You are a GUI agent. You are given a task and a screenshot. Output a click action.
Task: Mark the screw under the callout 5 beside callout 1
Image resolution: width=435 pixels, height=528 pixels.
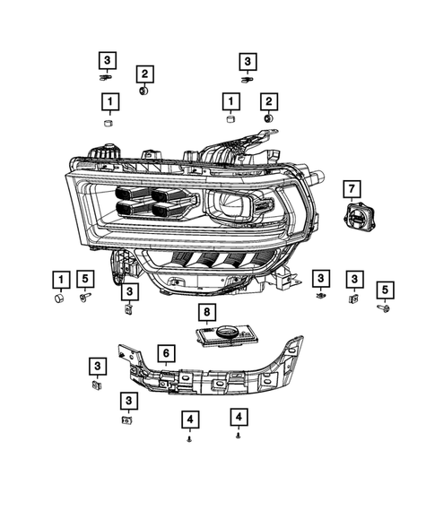pyautogui.click(x=86, y=296)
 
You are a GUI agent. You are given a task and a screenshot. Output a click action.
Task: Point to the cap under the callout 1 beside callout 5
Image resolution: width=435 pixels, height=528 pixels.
pyautogui.click(x=59, y=298)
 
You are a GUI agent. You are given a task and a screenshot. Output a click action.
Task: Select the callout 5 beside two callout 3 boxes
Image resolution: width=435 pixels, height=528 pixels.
pyautogui.click(x=385, y=289)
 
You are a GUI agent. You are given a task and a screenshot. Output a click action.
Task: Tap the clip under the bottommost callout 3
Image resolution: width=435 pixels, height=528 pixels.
pyautogui.click(x=127, y=418)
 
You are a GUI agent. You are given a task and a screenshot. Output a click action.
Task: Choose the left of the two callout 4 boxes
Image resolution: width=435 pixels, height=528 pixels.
pyautogui.click(x=189, y=419)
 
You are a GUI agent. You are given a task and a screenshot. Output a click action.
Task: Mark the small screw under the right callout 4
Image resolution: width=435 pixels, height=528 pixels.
pyautogui.click(x=238, y=435)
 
